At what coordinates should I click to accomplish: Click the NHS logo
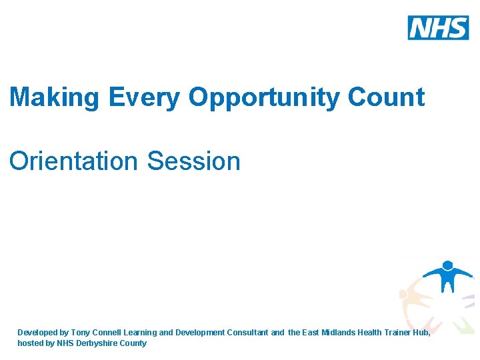pos(438,27)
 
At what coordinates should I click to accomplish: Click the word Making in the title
pos(53,97)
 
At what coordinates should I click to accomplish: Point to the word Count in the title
pos(386,97)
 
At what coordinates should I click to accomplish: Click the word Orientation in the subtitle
pos(74,161)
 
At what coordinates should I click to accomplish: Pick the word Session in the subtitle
pos(193,161)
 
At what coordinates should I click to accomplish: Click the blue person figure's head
pos(447,265)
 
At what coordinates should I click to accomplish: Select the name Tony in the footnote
pos(81,332)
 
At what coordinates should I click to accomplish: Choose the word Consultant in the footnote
pos(247,332)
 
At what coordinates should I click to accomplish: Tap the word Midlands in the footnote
pos(339,332)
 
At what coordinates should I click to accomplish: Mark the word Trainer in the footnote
pos(399,332)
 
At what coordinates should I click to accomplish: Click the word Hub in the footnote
pos(423,332)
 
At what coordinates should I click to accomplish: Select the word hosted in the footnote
pos(30,343)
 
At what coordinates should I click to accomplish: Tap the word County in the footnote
pos(133,343)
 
